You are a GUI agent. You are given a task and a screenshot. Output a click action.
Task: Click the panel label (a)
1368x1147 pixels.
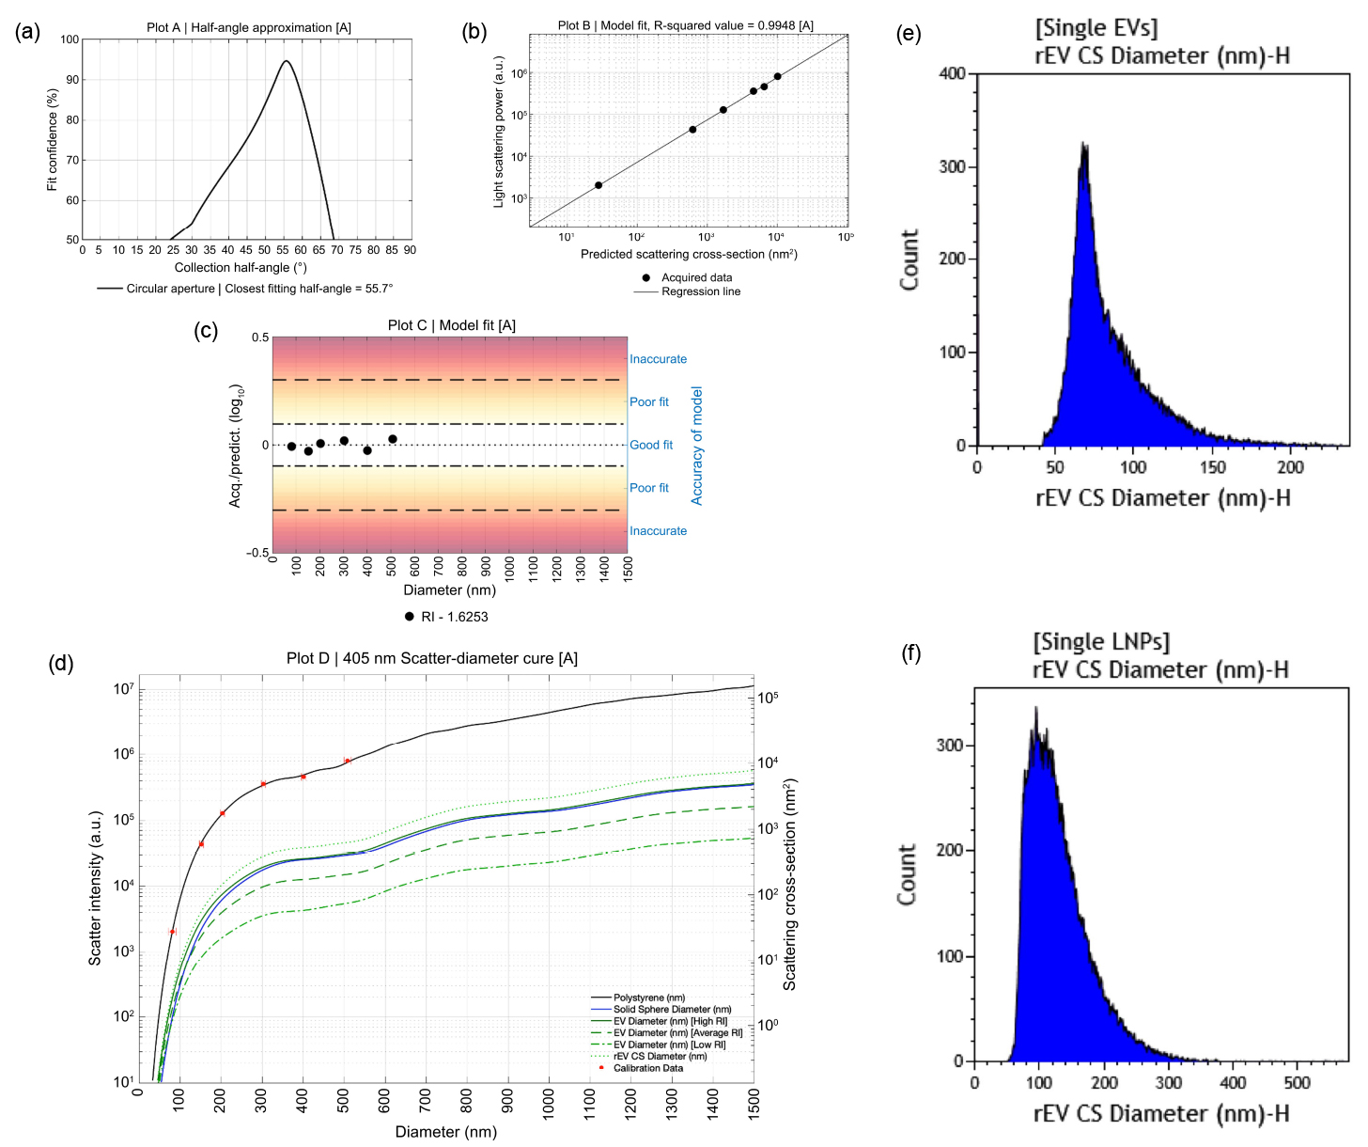pyautogui.click(x=28, y=32)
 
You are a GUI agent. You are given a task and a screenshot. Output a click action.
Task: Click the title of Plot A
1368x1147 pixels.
pyautogui.click(x=249, y=27)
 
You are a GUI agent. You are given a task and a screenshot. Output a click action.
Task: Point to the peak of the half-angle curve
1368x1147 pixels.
pyautogui.click(x=286, y=61)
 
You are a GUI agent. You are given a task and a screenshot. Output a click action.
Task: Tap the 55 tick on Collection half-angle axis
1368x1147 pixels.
pyautogui.click(x=283, y=250)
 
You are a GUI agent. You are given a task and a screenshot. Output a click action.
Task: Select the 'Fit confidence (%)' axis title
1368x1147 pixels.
pyautogui.click(x=53, y=140)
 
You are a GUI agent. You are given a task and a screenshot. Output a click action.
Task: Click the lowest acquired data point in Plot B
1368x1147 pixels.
pyautogui.click(x=598, y=185)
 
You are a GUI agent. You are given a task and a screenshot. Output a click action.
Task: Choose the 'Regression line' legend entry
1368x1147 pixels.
pyautogui.click(x=700, y=291)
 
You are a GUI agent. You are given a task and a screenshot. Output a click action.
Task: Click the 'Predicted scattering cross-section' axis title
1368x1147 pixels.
pyautogui.click(x=689, y=255)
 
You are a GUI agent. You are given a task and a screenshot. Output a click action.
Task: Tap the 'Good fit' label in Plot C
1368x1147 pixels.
pyautogui.click(x=651, y=445)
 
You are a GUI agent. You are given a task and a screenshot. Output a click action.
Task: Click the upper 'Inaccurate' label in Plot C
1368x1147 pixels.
pyautogui.click(x=658, y=359)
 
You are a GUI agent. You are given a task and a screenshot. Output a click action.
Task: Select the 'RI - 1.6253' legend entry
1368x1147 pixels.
pyautogui.click(x=454, y=617)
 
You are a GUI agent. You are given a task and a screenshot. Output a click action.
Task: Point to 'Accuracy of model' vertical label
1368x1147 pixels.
pyautogui.click(x=697, y=446)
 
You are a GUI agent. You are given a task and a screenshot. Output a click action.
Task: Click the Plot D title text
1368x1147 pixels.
pyautogui.click(x=432, y=658)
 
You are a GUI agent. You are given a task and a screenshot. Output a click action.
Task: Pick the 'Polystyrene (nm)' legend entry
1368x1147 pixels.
pyautogui.click(x=649, y=998)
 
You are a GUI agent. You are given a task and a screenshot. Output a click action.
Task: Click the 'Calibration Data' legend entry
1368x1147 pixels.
pyautogui.click(x=648, y=1068)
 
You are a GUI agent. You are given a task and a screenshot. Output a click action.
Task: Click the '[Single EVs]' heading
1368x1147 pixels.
pyautogui.click(x=1096, y=28)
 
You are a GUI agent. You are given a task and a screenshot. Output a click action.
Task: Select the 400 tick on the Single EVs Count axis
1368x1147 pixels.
pyautogui.click(x=953, y=74)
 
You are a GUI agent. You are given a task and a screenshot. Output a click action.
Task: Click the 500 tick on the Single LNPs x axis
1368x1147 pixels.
pyautogui.click(x=1298, y=1082)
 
